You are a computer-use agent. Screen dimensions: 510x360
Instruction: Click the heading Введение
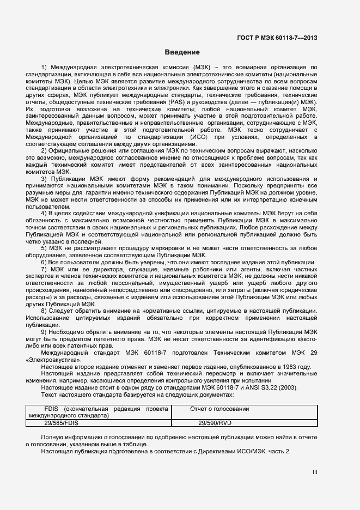(x=182, y=52)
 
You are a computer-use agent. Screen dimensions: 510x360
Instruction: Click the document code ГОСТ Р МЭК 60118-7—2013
(x=277, y=38)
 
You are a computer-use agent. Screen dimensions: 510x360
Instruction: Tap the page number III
(x=315, y=472)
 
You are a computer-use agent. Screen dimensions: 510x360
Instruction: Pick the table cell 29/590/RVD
(x=216, y=423)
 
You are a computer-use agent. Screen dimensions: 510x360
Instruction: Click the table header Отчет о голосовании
(x=219, y=409)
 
